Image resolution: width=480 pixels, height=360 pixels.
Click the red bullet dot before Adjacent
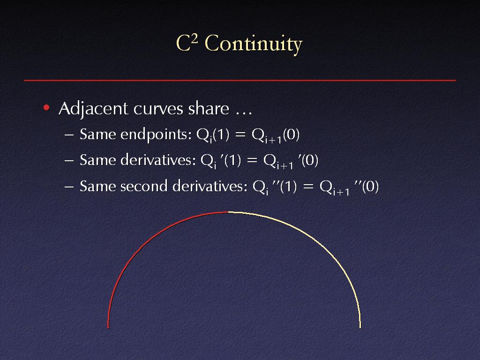(x=46, y=107)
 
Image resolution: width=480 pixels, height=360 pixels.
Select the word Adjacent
(x=93, y=109)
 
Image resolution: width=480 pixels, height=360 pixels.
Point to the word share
(x=209, y=108)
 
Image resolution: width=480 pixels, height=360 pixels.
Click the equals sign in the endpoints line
(x=240, y=135)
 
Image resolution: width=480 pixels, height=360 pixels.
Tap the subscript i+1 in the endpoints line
(x=273, y=140)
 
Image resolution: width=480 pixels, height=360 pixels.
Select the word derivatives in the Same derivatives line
(x=158, y=160)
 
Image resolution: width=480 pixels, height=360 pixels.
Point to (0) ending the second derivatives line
(x=370, y=186)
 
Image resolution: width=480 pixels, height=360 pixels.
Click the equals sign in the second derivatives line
(x=308, y=187)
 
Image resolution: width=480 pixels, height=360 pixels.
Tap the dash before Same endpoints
(x=69, y=135)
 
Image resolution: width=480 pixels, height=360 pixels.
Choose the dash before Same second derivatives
(x=69, y=187)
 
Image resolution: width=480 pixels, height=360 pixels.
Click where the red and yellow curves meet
(x=228, y=212)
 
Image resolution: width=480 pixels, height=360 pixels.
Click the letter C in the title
(x=183, y=43)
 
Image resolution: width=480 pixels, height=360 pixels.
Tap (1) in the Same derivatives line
(x=232, y=160)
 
